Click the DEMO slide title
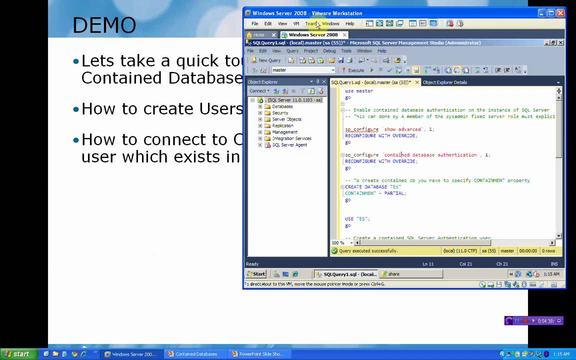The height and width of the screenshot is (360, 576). click(x=104, y=25)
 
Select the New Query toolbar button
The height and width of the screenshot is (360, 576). click(x=266, y=60)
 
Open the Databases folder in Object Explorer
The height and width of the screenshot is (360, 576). click(x=282, y=106)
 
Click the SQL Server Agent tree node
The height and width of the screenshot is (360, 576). click(x=289, y=145)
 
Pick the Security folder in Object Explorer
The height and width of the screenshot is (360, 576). click(x=280, y=113)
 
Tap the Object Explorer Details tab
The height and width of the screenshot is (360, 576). click(x=444, y=82)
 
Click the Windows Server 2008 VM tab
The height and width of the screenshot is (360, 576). click(x=313, y=35)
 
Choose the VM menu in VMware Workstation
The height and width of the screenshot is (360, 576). click(x=296, y=23)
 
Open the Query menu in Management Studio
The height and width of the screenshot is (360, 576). click(x=292, y=51)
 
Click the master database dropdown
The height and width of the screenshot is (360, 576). click(x=303, y=70)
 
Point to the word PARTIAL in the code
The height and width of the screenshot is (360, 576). click(x=394, y=193)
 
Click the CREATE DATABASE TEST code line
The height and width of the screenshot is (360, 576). click(x=373, y=187)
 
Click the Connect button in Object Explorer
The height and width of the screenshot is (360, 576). click(x=259, y=91)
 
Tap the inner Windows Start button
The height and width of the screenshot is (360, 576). click(x=255, y=274)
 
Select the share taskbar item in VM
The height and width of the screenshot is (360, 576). click(x=393, y=274)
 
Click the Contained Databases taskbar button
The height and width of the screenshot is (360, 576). click(x=193, y=354)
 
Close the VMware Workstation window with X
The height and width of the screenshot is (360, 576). click(x=560, y=13)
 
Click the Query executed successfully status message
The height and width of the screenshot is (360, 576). click(x=368, y=251)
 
